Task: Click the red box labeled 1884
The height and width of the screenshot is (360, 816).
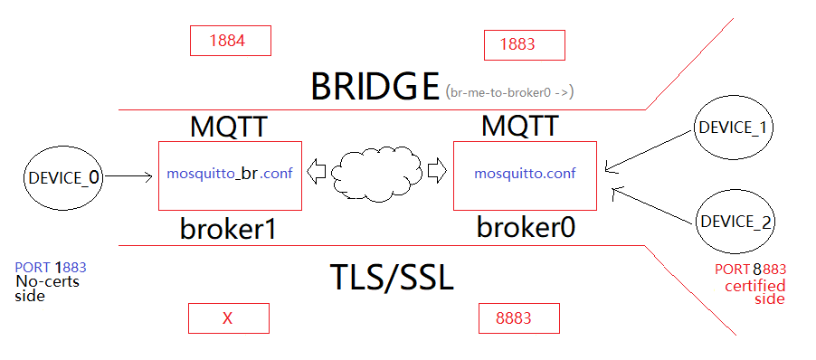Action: pos(230,41)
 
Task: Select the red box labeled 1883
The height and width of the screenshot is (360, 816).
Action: pos(524,44)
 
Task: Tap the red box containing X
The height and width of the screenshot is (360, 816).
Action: pos(228,318)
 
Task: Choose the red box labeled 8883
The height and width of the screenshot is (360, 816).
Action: pos(518,318)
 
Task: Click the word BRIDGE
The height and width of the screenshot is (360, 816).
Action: pos(375,86)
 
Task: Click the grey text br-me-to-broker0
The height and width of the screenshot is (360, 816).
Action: pos(510,91)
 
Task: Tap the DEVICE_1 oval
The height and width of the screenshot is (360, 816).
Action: pos(732,128)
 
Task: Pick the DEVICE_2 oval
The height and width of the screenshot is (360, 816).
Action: pos(734,221)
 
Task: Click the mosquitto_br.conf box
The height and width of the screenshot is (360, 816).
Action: pos(230,174)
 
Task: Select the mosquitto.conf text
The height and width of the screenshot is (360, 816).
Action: pos(524,172)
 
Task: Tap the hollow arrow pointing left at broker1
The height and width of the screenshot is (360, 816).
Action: pos(318,169)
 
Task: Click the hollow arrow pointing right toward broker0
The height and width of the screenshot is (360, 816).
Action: pos(437,169)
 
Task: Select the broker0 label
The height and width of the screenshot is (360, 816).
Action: pos(526,227)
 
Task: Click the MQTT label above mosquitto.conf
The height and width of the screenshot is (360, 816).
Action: pos(519,125)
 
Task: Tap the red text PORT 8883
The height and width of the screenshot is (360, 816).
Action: pos(749,270)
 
